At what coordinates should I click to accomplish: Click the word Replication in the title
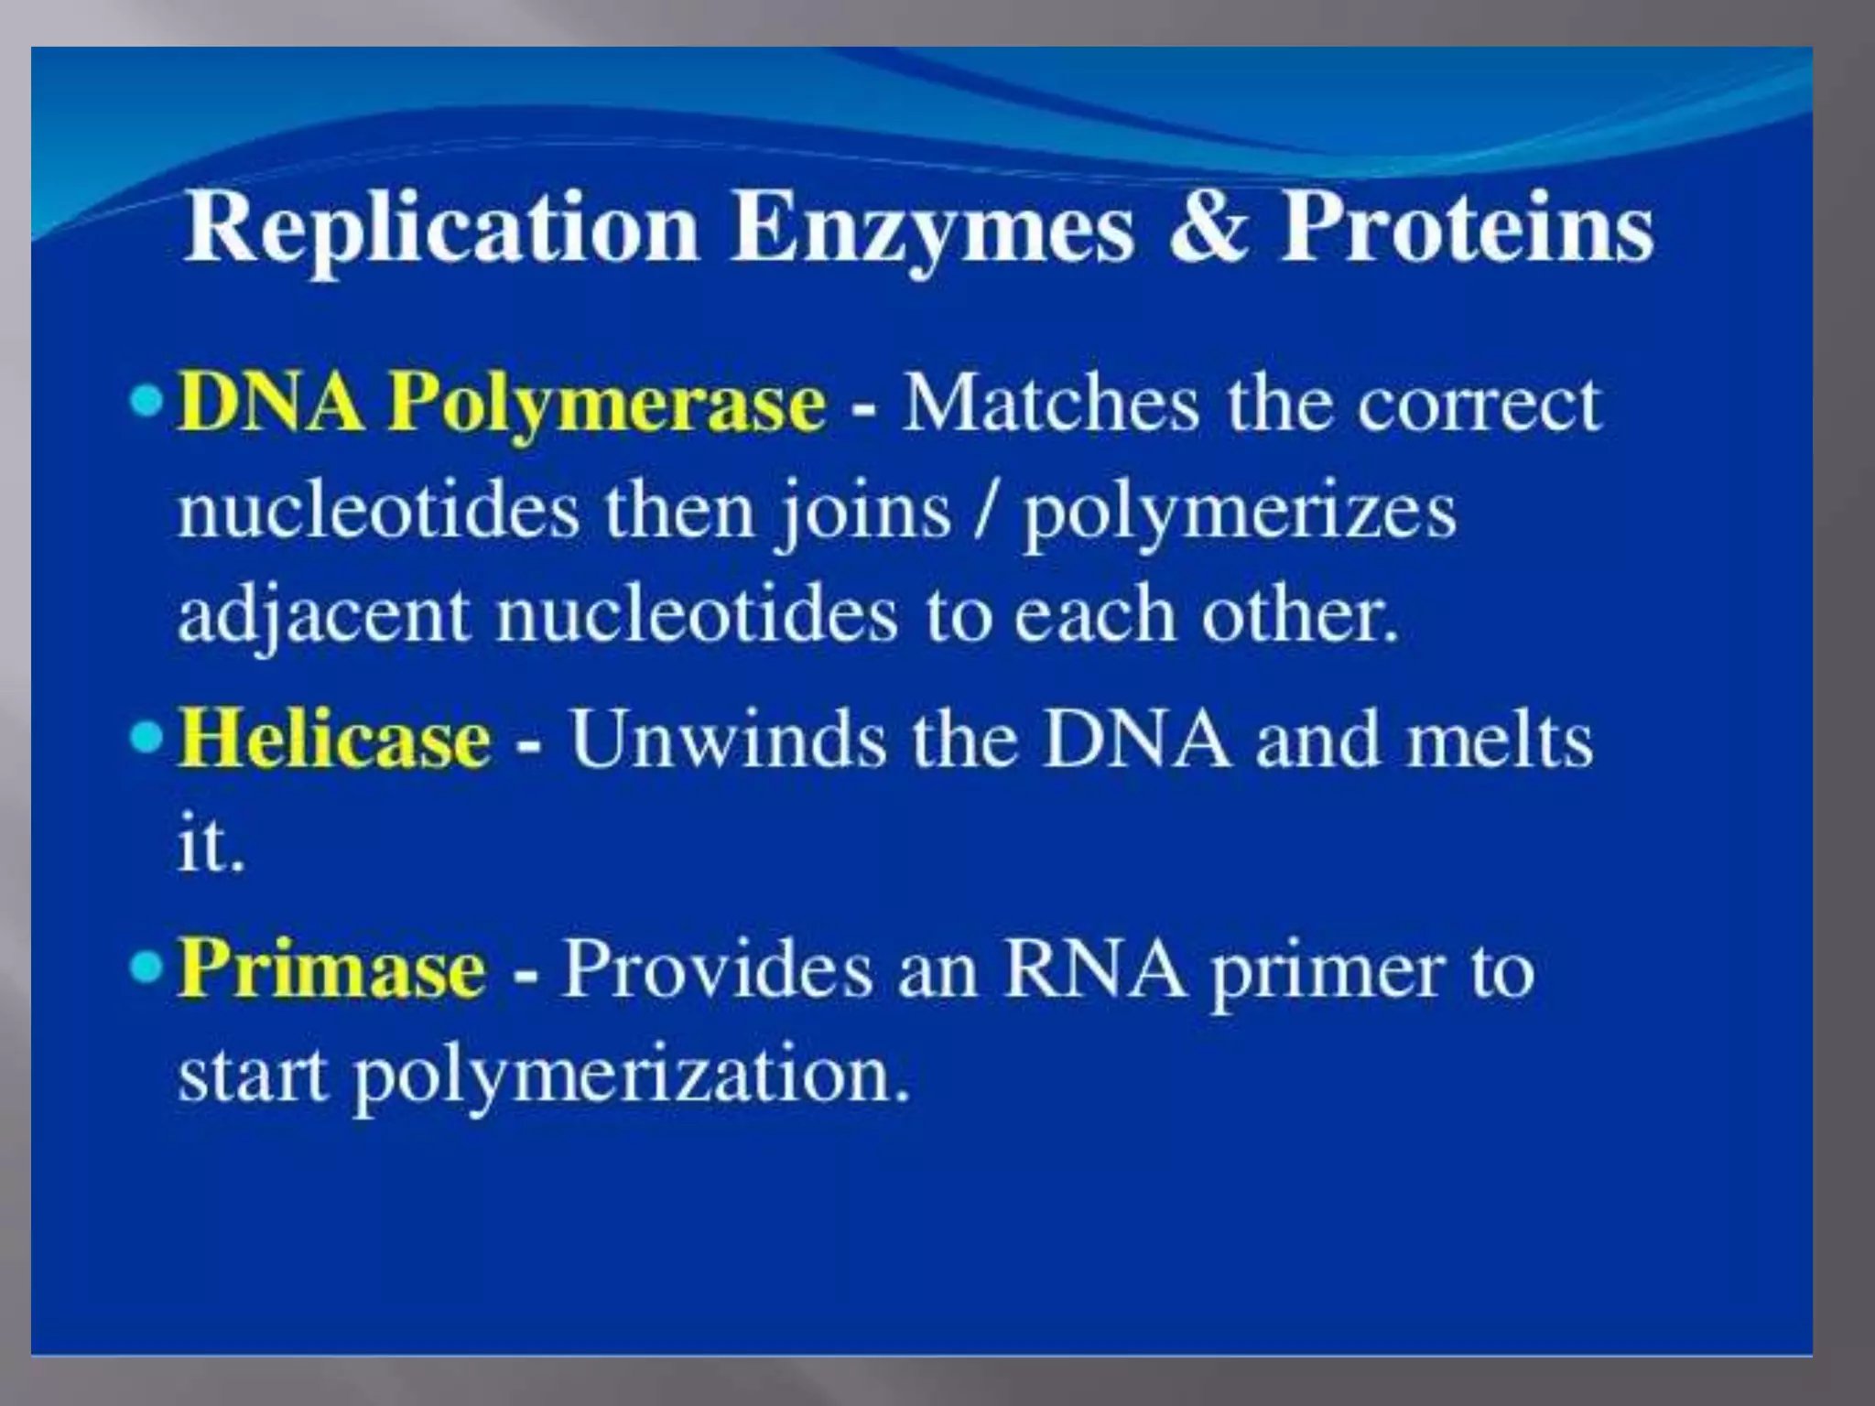440,229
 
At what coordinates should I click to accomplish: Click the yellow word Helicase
334,738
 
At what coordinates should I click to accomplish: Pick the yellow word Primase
331,968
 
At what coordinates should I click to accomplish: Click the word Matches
1050,403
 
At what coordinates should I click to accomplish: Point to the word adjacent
322,615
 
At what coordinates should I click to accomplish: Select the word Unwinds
728,738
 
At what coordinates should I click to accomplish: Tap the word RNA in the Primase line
1094,968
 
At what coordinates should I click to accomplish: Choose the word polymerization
632,1075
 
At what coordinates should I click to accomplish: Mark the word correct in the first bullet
1479,403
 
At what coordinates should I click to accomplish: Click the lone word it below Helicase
209,844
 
